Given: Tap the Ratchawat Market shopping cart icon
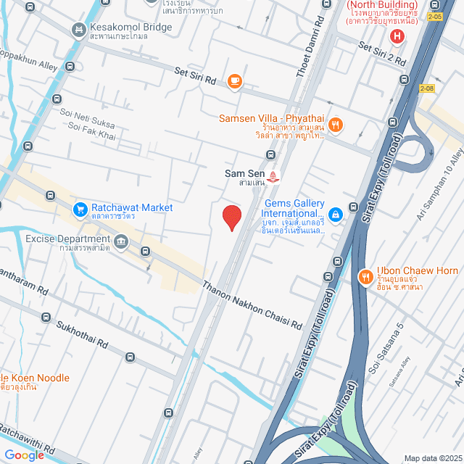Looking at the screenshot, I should (80, 210).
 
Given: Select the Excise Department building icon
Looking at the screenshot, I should (120, 240).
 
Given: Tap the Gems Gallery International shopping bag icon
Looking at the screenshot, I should (335, 214).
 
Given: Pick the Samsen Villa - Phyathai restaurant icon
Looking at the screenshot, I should (335, 125).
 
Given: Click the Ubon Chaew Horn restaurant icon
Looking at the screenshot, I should (365, 276).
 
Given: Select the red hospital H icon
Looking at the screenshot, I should (397, 36).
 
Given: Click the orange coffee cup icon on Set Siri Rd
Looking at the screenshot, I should (234, 81).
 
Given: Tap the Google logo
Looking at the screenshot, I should (25, 455).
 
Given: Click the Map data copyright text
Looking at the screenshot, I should (432, 458).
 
